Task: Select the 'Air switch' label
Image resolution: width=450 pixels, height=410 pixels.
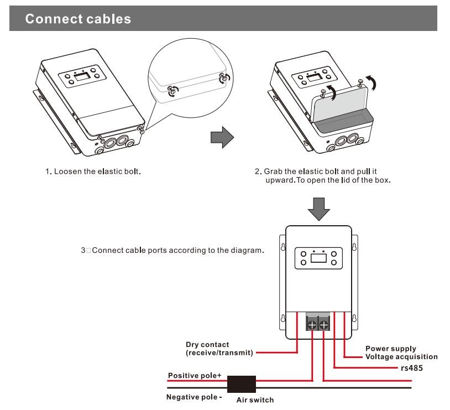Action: (255, 399)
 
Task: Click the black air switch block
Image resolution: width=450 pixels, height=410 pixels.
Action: (242, 383)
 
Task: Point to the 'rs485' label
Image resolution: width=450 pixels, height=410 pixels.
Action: (412, 367)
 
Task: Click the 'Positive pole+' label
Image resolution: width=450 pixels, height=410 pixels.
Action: (195, 376)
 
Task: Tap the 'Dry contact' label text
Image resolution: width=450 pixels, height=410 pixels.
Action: (207, 345)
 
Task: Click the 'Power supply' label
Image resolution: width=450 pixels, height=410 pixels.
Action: (391, 349)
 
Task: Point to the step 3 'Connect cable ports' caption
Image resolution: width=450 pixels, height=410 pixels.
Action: (172, 251)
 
